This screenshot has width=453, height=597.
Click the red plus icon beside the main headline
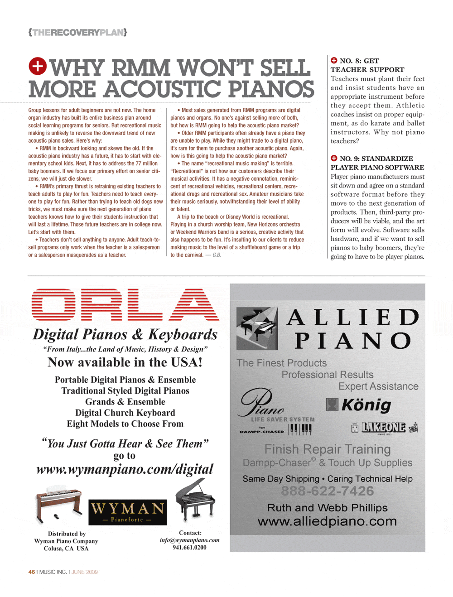38,66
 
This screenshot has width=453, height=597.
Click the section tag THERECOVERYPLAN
77,33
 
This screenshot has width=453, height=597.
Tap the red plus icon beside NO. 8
334,60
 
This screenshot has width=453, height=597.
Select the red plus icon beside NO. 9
334,158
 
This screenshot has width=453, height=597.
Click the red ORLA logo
125,304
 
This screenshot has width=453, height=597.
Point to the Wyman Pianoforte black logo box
127,512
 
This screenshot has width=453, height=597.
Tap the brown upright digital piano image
58,504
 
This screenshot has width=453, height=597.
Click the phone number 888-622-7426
327,491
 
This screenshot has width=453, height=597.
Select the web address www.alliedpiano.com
327,521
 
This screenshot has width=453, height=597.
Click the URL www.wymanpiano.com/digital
125,469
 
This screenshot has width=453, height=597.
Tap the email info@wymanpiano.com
189,540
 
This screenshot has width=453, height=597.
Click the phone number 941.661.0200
189,548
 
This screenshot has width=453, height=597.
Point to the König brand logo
359,404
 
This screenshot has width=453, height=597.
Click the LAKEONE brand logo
384,428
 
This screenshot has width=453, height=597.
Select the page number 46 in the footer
32,572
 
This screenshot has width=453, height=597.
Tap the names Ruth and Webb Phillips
327,508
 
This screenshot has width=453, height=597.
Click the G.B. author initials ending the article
217,255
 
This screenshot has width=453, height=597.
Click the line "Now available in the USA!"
125,362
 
